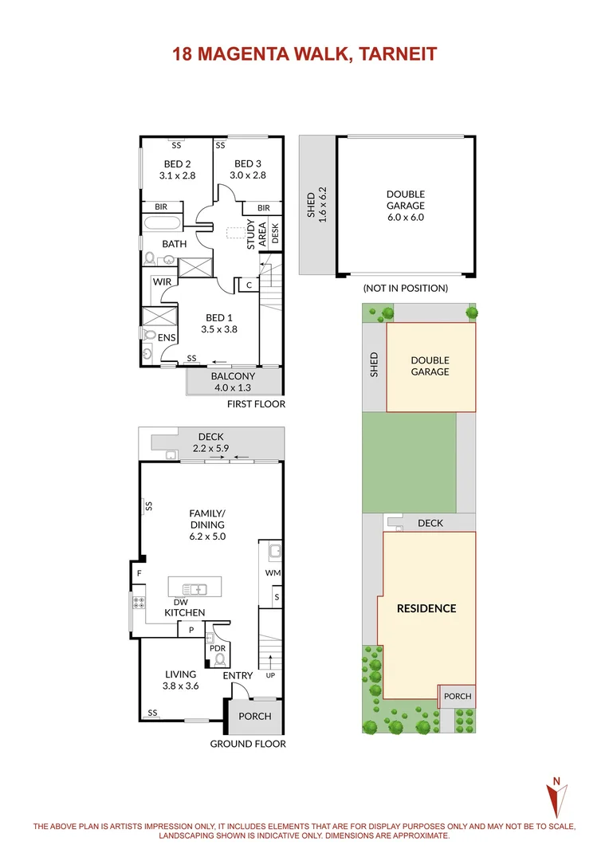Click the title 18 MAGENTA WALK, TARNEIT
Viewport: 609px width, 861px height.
pyautogui.click(x=304, y=54)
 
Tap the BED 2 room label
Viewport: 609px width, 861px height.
pyautogui.click(x=177, y=164)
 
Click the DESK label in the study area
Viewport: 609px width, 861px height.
pyautogui.click(x=275, y=234)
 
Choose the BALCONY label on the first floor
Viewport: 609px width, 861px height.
pyautogui.click(x=233, y=376)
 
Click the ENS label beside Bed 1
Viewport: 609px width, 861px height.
pyautogui.click(x=166, y=338)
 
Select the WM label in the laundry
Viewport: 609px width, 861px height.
pyautogui.click(x=271, y=572)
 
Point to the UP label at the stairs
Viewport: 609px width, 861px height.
pyautogui.click(x=271, y=676)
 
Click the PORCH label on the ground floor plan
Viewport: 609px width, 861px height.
pyautogui.click(x=255, y=716)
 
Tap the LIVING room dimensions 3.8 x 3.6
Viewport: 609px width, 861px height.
pyautogui.click(x=179, y=686)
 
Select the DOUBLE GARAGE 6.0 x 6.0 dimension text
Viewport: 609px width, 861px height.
pyautogui.click(x=406, y=217)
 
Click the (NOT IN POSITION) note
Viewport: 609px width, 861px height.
pyautogui.click(x=405, y=288)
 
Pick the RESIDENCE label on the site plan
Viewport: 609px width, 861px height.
pyautogui.click(x=426, y=608)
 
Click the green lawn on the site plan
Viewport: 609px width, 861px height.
pyautogui.click(x=409, y=462)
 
